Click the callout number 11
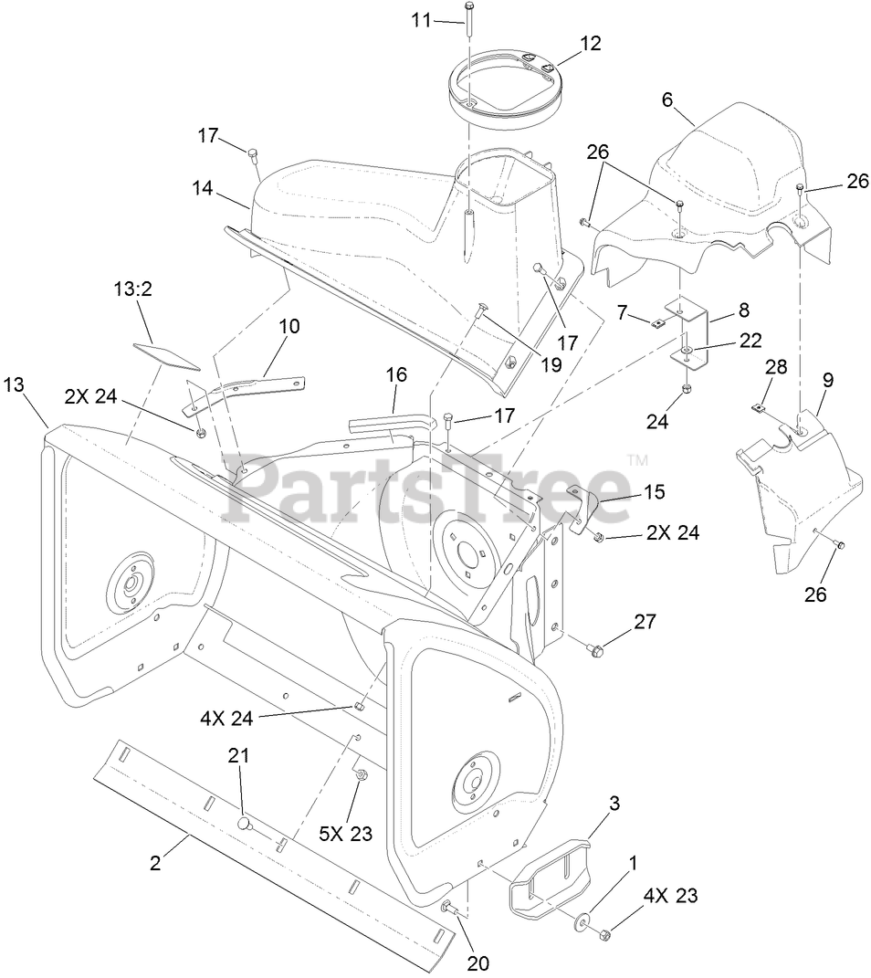click(x=422, y=19)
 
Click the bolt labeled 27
click(x=595, y=649)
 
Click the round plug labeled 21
click(x=244, y=823)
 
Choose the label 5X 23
click(x=345, y=833)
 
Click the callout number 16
click(x=396, y=375)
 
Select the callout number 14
click(x=202, y=188)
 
